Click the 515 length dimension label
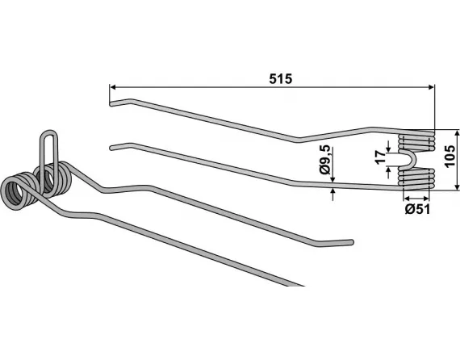[281, 79]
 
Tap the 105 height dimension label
[450, 156]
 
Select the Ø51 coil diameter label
[417, 209]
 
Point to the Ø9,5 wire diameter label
[326, 160]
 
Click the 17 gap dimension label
[380, 157]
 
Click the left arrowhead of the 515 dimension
[113, 87]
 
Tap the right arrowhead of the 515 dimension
[431, 87]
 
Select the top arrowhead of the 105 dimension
[457, 133]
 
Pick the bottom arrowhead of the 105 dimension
[457, 186]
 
